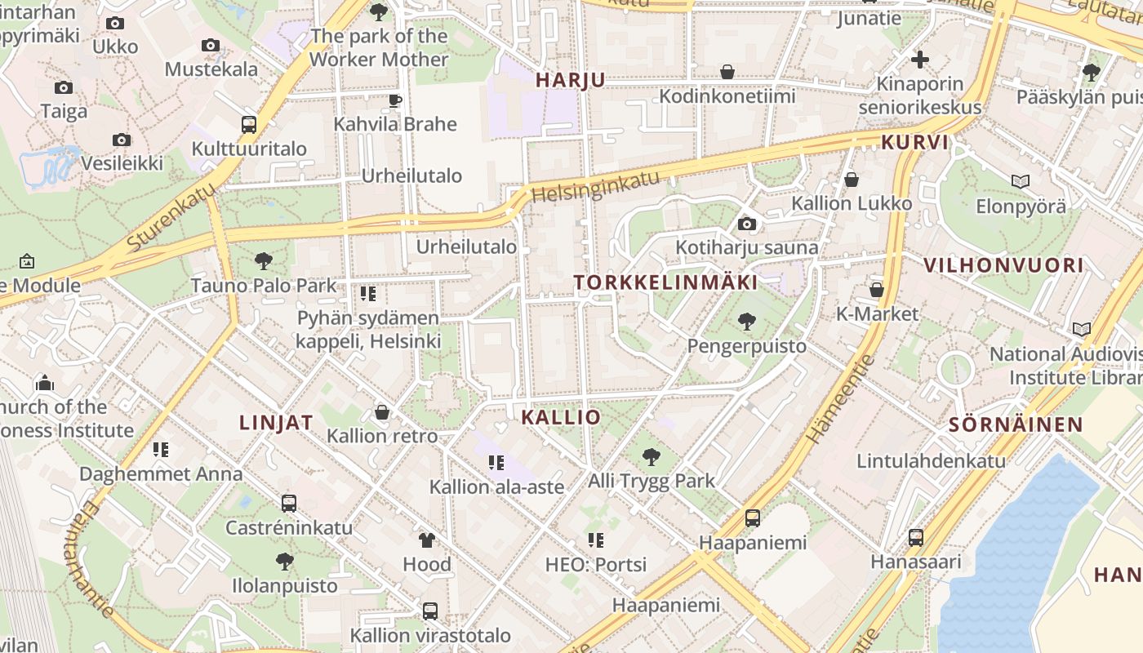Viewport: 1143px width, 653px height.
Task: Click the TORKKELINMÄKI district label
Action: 665,282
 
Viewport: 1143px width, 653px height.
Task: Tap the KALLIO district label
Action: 561,417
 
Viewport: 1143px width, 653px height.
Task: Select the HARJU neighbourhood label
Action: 571,80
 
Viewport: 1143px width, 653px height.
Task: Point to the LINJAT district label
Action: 276,422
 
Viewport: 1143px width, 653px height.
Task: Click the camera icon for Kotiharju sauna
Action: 746,224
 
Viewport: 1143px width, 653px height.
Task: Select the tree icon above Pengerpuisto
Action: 746,322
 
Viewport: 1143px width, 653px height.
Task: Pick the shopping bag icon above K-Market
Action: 877,290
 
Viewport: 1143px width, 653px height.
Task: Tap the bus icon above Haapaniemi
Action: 753,518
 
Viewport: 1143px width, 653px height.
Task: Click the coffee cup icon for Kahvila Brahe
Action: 395,100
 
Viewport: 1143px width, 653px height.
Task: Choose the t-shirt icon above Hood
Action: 426,540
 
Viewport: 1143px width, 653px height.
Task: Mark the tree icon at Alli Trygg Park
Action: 651,456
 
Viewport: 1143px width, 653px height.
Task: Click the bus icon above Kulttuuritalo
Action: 249,125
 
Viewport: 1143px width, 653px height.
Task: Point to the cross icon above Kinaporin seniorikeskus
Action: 920,60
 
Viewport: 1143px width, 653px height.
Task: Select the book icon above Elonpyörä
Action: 1020,181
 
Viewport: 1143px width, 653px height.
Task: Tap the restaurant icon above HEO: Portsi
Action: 596,540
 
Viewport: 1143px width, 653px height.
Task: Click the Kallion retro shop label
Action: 382,436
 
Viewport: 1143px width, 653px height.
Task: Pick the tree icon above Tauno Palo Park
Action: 263,261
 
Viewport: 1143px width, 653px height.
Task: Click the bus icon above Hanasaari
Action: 916,537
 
